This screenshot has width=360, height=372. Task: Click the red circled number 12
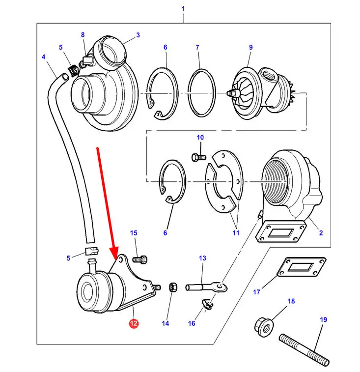point(134,323)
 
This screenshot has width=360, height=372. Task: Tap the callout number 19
point(323,320)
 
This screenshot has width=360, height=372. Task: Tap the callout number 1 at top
point(183,9)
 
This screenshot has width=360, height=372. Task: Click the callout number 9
point(250,48)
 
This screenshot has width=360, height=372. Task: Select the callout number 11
point(236,233)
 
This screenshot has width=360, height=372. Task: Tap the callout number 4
point(43,57)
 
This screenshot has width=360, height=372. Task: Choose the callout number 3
point(138,35)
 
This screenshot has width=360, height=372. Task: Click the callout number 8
point(83,34)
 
